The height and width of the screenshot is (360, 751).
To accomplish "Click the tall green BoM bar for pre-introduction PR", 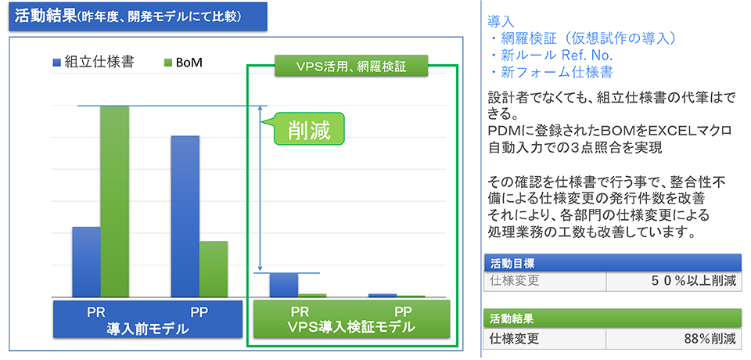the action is point(114,201).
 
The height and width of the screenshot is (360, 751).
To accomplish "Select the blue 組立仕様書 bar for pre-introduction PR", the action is point(86,261).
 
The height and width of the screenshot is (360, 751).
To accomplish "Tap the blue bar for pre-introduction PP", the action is point(185,216).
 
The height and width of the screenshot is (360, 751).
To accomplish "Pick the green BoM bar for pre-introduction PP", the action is point(213,269).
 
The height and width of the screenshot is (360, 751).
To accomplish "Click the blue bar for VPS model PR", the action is point(283,285).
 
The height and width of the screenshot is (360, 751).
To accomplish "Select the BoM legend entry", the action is point(182,63).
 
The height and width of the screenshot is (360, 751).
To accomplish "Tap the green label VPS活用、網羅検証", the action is point(351,67).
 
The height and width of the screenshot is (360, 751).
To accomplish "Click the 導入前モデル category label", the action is point(147,329).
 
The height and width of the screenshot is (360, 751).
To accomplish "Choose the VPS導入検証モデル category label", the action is point(351,328).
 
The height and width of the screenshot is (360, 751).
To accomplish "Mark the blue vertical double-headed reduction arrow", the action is point(260,189).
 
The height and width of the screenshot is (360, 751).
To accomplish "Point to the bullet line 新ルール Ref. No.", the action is point(550,55).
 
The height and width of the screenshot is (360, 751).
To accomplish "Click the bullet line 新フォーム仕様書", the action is point(551,72).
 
